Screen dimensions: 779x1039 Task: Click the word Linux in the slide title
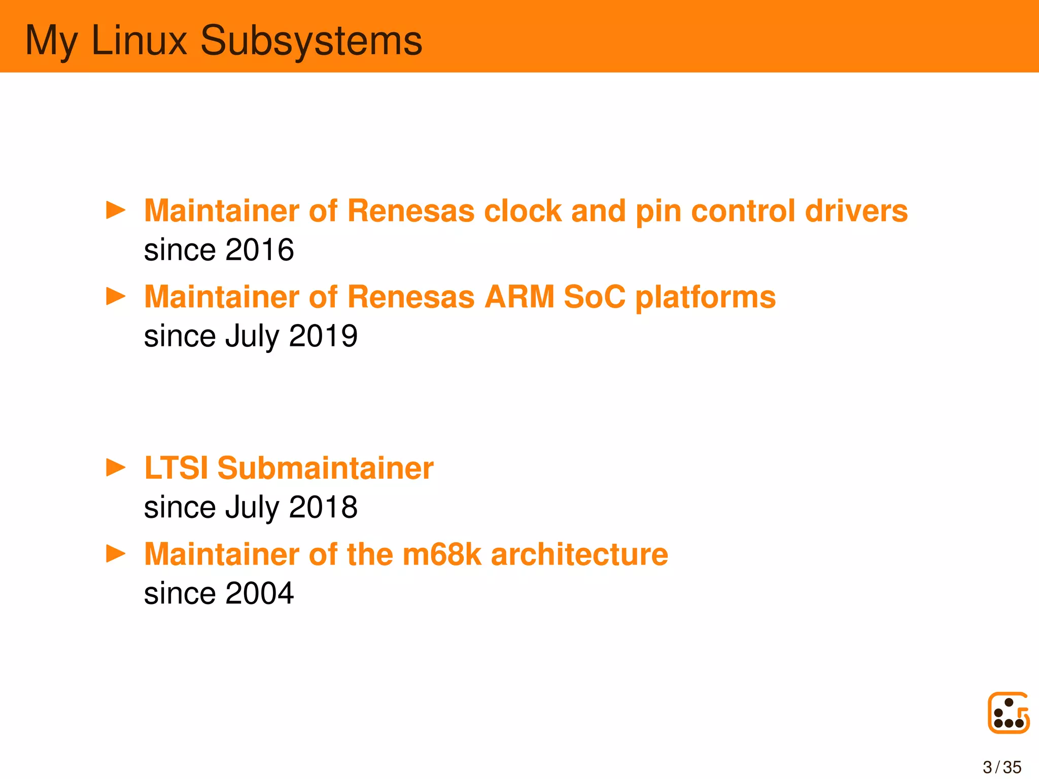pyautogui.click(x=139, y=40)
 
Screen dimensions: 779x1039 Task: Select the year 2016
pyautogui.click(x=259, y=250)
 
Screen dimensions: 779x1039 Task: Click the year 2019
pyautogui.click(x=323, y=336)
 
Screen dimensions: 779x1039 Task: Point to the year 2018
pyautogui.click(x=323, y=507)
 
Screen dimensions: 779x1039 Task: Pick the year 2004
pyautogui.click(x=259, y=593)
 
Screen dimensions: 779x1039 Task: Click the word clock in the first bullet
pyautogui.click(x=523, y=210)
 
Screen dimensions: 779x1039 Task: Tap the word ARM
pyautogui.click(x=519, y=297)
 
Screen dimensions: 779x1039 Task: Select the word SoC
pyautogui.click(x=595, y=297)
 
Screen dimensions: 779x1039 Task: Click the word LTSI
pyautogui.click(x=176, y=468)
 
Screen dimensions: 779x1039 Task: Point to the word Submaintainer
pyautogui.click(x=325, y=468)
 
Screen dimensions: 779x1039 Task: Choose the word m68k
pyautogui.click(x=441, y=554)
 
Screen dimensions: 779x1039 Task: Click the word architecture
pyautogui.click(x=579, y=554)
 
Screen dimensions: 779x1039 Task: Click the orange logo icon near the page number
pyautogui.click(x=1009, y=713)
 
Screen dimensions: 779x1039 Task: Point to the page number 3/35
pyautogui.click(x=1002, y=767)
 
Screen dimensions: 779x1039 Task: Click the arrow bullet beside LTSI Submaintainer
pyautogui.click(x=116, y=468)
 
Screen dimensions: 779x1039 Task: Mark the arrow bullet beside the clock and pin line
pyautogui.click(x=116, y=210)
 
